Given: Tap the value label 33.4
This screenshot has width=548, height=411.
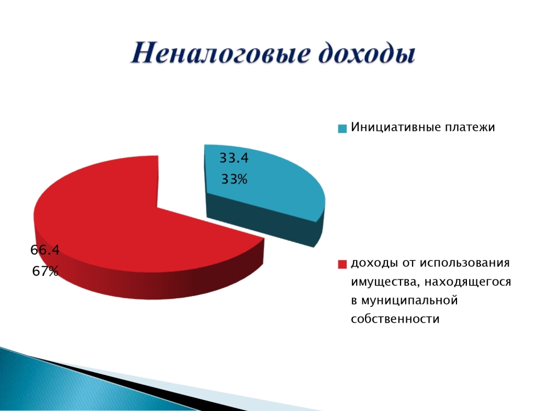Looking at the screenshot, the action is (x=234, y=158).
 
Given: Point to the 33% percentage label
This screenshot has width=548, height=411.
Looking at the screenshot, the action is (x=234, y=179).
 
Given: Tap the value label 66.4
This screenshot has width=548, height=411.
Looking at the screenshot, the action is (x=45, y=250).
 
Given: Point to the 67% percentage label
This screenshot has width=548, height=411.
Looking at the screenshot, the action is (x=45, y=271).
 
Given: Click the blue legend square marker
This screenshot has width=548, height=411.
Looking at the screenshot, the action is (x=342, y=128).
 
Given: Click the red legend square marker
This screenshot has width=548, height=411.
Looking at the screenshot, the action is (x=342, y=264).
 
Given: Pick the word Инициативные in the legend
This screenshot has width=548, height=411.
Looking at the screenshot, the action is (x=396, y=127).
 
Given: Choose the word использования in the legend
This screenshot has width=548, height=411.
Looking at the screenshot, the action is (x=465, y=262).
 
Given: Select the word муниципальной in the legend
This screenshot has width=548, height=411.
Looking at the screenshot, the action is (x=409, y=300).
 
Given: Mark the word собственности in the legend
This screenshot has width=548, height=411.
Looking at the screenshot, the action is (x=395, y=319).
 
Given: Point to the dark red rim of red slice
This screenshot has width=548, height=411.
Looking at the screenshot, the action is (x=150, y=279).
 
